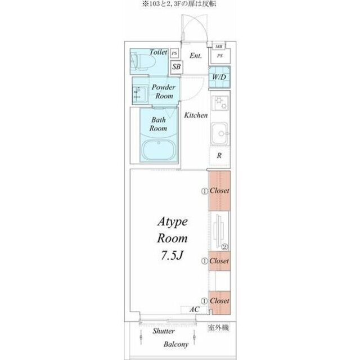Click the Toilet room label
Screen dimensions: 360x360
click(x=159, y=52)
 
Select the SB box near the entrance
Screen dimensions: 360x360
click(x=177, y=67)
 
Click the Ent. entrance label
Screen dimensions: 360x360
click(x=196, y=56)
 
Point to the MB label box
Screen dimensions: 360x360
click(x=219, y=46)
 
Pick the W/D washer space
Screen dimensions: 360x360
click(x=219, y=77)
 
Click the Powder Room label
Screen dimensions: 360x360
click(x=164, y=91)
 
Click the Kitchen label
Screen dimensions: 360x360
click(x=196, y=115)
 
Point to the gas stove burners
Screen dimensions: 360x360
click(x=220, y=103)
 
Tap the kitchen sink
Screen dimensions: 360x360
click(x=220, y=133)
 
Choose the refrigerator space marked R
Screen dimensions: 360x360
click(x=219, y=156)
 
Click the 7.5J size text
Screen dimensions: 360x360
click(x=172, y=255)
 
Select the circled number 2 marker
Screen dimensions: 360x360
click(x=224, y=247)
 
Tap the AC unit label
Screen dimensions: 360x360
click(x=194, y=309)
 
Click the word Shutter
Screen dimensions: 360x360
click(x=164, y=331)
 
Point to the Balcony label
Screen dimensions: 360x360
click(x=176, y=344)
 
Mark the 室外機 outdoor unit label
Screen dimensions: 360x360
click(x=218, y=327)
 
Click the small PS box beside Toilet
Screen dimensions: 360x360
click(x=174, y=53)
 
